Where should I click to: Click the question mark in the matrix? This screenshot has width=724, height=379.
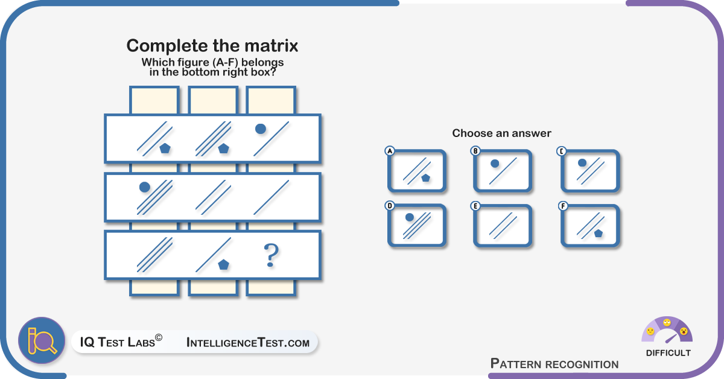point(271,255)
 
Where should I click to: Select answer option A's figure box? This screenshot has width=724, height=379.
point(417,171)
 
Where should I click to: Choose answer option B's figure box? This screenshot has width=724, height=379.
point(503,171)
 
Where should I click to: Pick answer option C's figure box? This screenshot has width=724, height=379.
point(590,171)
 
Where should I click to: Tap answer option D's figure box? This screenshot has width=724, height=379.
point(417,225)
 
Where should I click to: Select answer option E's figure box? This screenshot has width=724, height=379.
point(503,225)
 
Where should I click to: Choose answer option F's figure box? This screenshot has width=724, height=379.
point(590,225)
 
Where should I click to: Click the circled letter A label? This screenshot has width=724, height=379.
point(390,151)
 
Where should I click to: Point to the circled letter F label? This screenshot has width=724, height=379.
point(563,206)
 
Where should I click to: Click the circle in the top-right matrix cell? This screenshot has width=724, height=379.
point(261,129)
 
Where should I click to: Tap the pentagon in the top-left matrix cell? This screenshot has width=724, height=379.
point(165,148)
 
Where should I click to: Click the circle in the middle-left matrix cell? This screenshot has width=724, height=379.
point(144,187)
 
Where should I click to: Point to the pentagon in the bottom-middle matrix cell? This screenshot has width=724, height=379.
point(224,264)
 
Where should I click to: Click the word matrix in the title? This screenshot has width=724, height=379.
point(271,46)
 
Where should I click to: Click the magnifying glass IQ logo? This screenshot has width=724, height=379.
point(42,340)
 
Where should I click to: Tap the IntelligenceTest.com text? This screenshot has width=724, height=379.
point(248,342)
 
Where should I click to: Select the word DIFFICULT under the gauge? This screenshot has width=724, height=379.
point(668,353)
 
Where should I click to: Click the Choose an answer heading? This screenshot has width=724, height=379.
point(501,133)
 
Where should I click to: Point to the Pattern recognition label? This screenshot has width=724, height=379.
point(554,364)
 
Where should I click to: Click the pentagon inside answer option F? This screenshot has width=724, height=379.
point(599,233)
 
